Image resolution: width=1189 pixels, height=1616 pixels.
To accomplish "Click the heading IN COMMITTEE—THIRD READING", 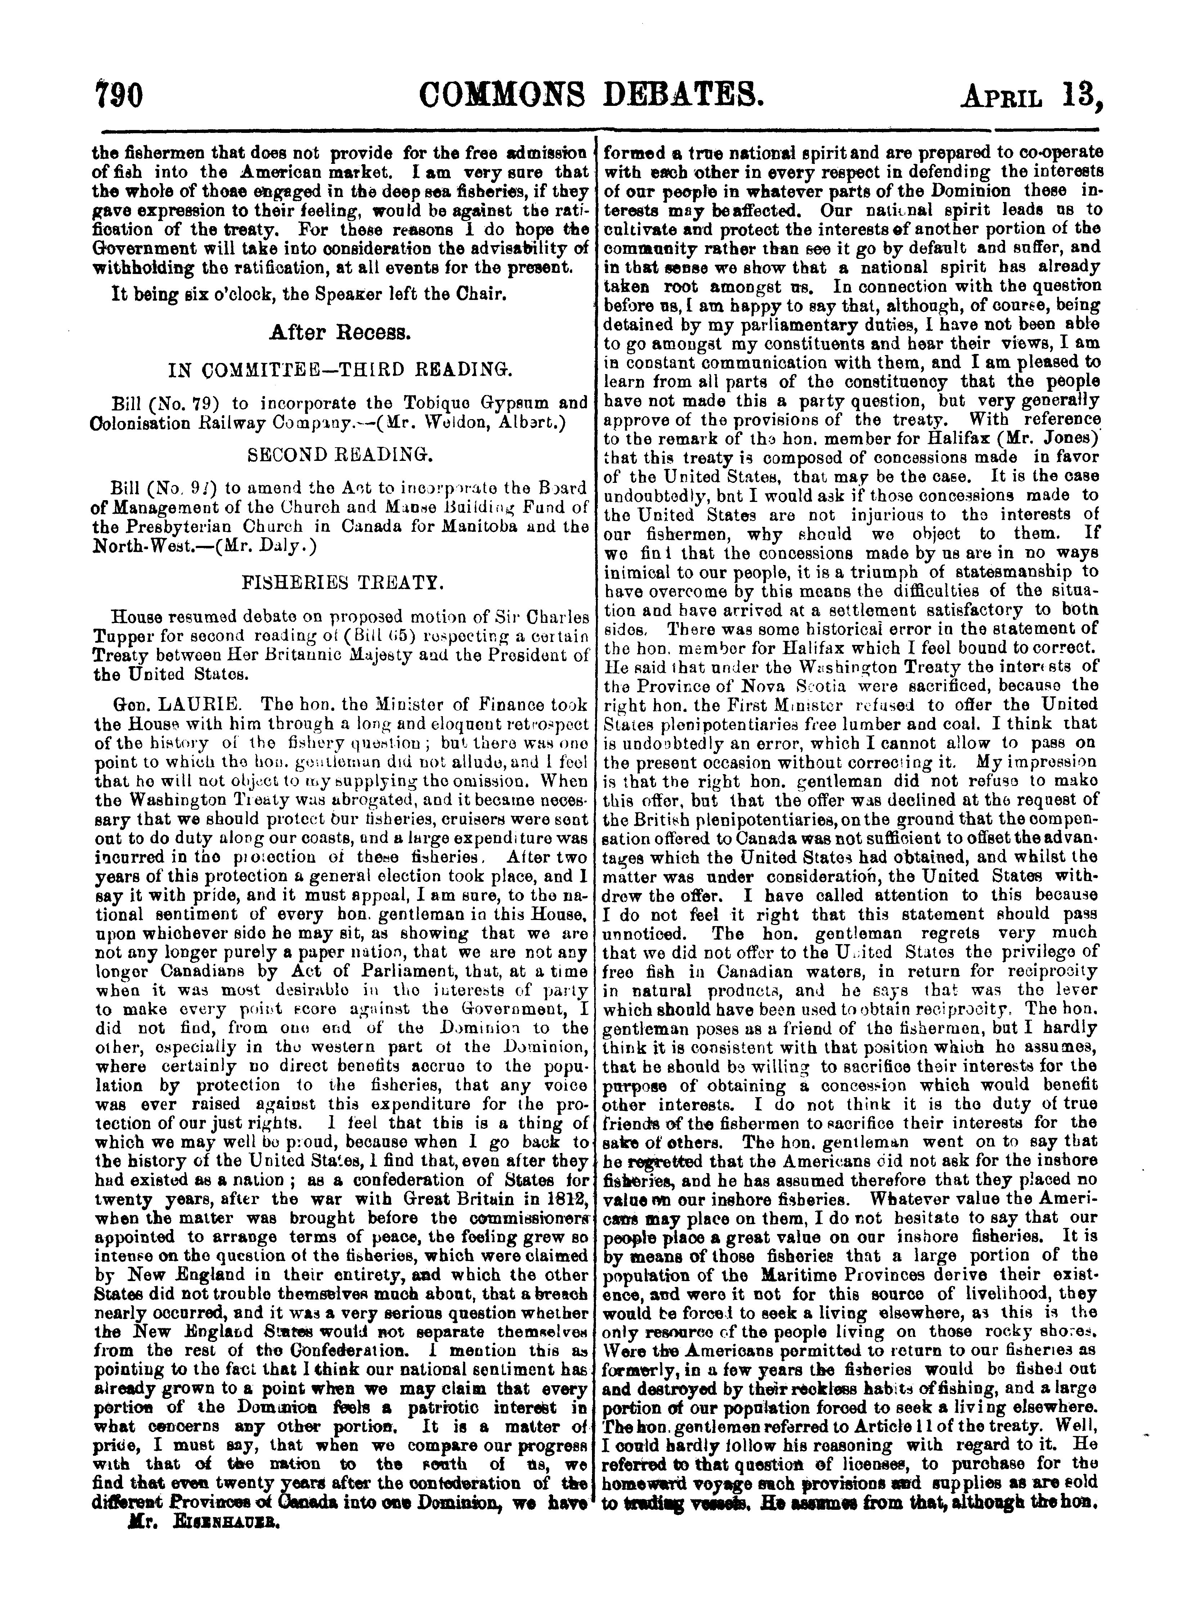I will [x=340, y=371].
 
